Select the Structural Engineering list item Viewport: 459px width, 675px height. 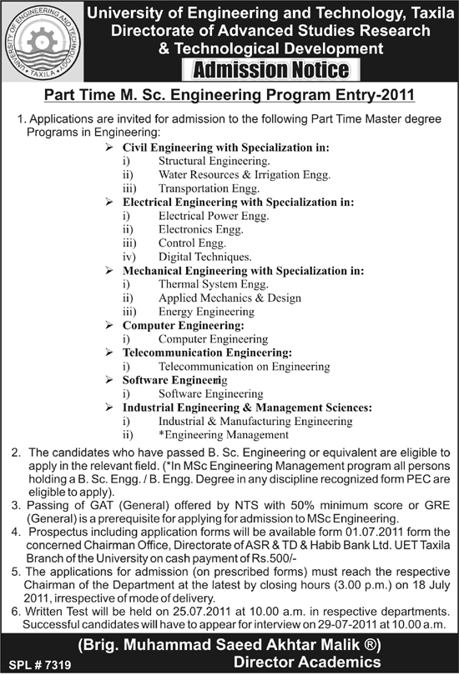pos(214,160)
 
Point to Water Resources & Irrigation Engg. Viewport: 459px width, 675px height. pos(244,174)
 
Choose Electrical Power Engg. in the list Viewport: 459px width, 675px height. pos(212,216)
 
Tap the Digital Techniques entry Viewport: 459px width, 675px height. pos(204,257)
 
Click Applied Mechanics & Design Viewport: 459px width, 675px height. pos(229,297)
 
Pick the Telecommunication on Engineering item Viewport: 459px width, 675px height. pos(244,367)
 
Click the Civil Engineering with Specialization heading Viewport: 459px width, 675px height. pos(225,147)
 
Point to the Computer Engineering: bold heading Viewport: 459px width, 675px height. pos(184,325)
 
